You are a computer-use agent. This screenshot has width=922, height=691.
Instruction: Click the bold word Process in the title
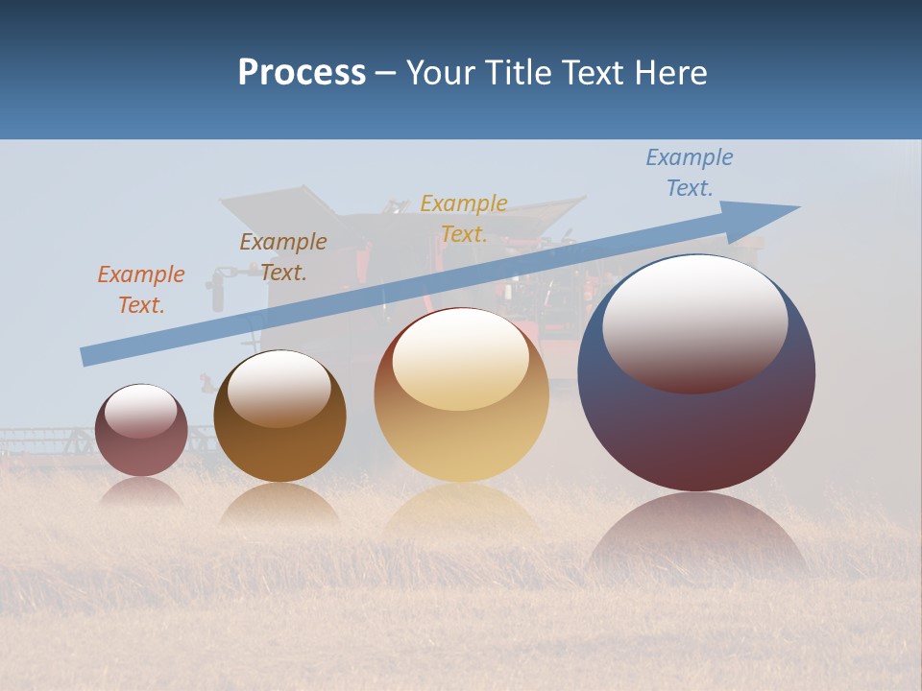click(302, 73)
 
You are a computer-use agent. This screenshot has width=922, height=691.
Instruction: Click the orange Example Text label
click(141, 290)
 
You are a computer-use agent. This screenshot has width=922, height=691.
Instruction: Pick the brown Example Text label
click(283, 257)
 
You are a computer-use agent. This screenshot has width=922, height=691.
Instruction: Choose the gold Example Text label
click(464, 219)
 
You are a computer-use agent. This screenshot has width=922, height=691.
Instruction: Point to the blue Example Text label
click(690, 173)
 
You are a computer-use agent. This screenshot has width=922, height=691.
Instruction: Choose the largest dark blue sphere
click(696, 422)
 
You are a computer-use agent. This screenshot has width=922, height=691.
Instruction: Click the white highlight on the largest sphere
click(694, 322)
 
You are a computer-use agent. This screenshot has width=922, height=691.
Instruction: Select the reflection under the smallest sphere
click(141, 491)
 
